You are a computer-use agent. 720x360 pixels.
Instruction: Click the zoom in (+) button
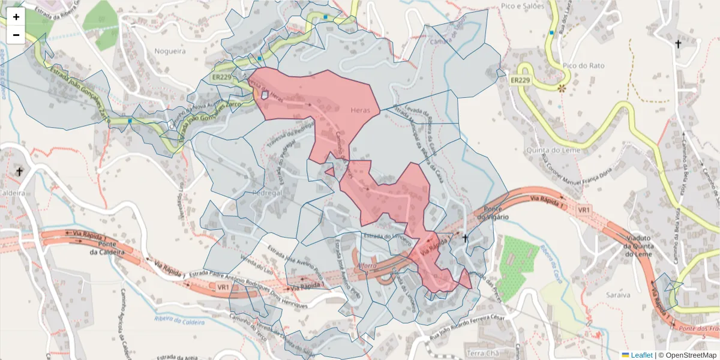(x=16, y=17)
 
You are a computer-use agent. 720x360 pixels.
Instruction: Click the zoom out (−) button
(x=16, y=35)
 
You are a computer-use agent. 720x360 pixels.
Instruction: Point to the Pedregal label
(x=267, y=194)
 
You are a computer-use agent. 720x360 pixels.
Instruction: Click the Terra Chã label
(x=483, y=352)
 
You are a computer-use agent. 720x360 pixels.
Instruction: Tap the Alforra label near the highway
(x=367, y=265)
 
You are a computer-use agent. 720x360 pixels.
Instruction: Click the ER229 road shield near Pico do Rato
(x=520, y=80)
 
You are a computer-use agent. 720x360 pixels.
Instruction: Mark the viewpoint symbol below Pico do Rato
(x=562, y=88)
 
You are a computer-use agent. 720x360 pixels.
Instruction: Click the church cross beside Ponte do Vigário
(x=465, y=239)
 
